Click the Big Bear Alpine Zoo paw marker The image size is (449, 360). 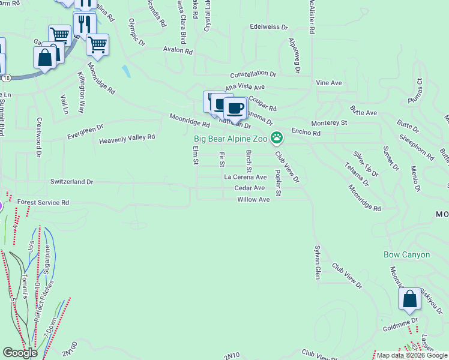point(276,139)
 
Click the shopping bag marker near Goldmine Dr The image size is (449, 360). point(409,299)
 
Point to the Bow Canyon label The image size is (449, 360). point(407,254)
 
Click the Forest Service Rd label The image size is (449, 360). point(43,203)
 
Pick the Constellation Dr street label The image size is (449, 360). point(253,74)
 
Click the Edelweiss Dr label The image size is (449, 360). point(270,27)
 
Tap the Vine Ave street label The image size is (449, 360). point(328,83)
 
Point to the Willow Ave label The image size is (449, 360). point(253,199)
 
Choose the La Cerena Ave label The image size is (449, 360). point(245,178)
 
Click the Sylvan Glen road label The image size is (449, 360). point(317,262)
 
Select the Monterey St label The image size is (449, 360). point(329,122)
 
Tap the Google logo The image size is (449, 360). point(20,353)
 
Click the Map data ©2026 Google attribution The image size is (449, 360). point(411,355)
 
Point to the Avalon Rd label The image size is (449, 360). point(177,51)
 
